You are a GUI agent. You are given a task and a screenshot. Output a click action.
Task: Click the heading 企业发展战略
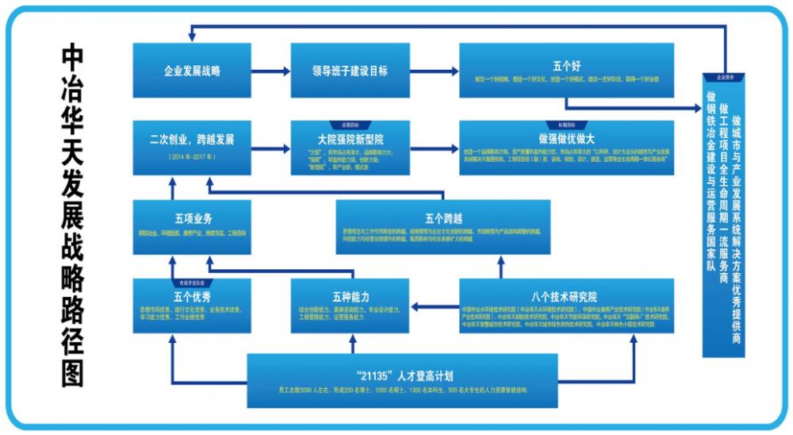(x=191, y=71)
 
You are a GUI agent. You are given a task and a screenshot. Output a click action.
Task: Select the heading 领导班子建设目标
(x=350, y=71)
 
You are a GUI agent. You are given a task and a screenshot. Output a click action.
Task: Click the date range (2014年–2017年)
(x=191, y=157)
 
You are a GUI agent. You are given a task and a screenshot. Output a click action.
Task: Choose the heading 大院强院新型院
(x=350, y=138)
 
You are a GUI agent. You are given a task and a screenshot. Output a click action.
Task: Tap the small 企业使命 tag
(x=725, y=78)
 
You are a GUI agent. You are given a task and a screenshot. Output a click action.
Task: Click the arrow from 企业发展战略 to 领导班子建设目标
(x=270, y=71)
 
